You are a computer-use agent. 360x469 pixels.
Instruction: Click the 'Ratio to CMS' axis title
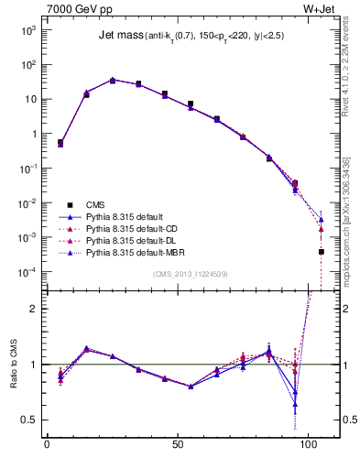point(13,381)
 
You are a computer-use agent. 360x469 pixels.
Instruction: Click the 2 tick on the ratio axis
point(35,309)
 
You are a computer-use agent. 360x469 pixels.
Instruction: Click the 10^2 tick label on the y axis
point(28,65)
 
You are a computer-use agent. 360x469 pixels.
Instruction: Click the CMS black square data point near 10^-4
point(322,252)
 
